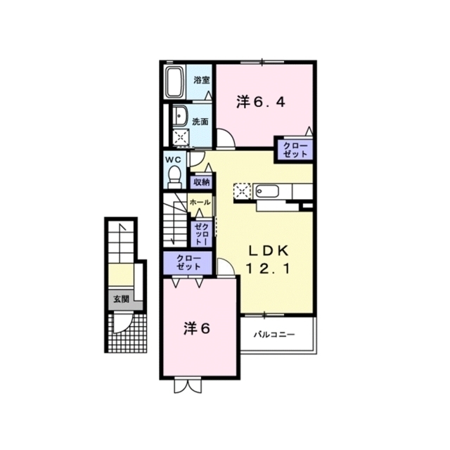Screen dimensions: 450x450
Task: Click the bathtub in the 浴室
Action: tap(175, 82)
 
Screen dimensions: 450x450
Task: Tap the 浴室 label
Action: tap(202, 80)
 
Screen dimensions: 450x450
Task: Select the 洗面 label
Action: tap(200, 122)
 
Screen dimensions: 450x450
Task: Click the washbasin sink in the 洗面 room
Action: tap(180, 116)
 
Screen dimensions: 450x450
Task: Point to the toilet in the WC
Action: tap(174, 176)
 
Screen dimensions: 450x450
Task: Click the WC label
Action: tap(173, 160)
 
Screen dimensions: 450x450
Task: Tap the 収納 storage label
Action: tap(201, 182)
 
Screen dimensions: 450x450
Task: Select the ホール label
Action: tap(200, 202)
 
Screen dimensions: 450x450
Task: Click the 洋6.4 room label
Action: tap(261, 102)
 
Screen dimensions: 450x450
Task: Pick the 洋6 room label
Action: tap(197, 329)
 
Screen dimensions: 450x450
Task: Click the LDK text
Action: tap(268, 252)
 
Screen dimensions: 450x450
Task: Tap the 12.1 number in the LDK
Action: tap(268, 269)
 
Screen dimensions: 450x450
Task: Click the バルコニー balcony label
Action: tap(274, 335)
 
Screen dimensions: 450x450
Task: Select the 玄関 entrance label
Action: tap(122, 300)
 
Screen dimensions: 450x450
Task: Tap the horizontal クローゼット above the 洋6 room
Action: tap(188, 262)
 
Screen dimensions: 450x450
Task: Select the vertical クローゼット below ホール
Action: tap(202, 234)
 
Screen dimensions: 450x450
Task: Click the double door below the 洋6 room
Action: tap(188, 386)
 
